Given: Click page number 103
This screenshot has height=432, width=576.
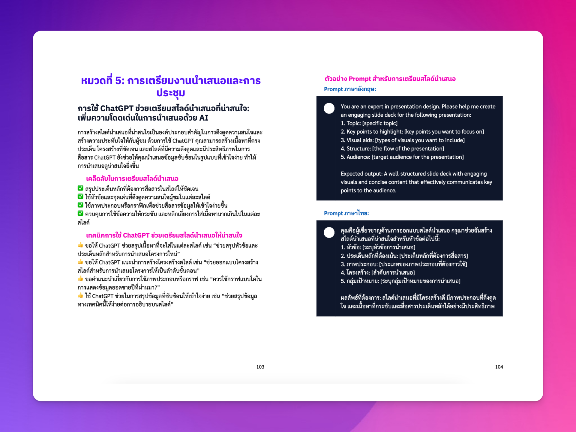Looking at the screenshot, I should (260, 367).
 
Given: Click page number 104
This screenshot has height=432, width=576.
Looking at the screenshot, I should (499, 367).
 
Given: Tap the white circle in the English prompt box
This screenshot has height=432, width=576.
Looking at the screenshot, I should (329, 108).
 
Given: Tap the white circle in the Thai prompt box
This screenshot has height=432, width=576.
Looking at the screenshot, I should (329, 232).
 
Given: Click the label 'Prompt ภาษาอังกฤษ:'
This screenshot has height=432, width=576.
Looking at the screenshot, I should (350, 89).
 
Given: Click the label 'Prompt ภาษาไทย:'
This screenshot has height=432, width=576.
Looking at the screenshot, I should (346, 213).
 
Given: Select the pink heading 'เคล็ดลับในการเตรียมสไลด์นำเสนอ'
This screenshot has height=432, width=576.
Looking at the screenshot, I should (132, 179).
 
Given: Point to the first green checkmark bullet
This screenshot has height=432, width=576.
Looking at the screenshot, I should (80, 188).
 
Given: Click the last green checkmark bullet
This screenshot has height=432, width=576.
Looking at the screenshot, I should (80, 214).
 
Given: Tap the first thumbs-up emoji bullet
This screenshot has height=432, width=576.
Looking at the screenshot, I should (80, 245).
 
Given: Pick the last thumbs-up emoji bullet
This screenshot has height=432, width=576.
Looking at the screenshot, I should (80, 295).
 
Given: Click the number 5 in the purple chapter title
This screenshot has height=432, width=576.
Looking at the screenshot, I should (119, 81).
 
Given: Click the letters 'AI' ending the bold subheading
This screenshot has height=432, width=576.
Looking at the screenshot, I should (204, 118).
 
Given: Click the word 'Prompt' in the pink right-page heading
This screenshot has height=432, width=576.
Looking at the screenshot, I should (360, 79).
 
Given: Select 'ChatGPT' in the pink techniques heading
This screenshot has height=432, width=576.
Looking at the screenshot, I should (136, 235).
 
